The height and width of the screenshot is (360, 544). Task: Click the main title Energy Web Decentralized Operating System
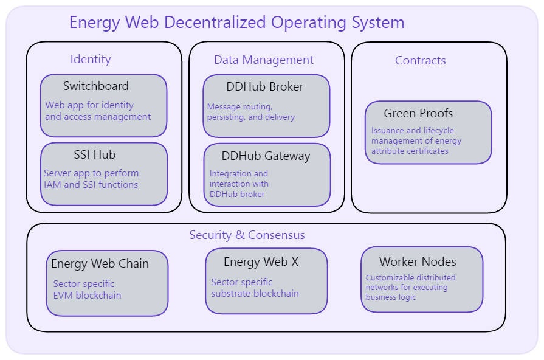coord(236,22)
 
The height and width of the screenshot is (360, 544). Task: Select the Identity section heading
coord(91,59)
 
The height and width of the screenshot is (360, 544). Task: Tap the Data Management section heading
coord(263,60)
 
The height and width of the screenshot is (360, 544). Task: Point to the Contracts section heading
coord(420,60)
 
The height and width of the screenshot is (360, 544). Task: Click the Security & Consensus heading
coord(247,235)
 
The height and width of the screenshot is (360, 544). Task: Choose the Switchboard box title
coord(96,86)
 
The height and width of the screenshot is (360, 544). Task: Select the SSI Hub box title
coord(95,154)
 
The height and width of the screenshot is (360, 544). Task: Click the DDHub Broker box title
coord(264,86)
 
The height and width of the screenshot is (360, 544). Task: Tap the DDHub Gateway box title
coord(266,156)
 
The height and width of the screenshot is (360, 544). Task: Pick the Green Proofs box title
coord(418,113)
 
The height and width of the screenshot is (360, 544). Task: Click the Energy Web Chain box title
coord(100,263)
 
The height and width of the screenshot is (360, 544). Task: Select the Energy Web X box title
coord(261,261)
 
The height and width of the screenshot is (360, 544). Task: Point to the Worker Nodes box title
coord(418,261)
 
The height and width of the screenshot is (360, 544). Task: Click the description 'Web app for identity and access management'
coord(98,111)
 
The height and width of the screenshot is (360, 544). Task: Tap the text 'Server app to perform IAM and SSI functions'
coord(91,179)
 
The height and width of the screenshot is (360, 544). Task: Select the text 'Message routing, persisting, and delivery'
coord(250,111)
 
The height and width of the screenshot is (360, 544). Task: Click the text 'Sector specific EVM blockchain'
coord(87,289)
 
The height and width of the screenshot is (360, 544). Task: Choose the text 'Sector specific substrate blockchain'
coord(255,288)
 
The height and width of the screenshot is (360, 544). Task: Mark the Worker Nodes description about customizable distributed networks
coord(410,287)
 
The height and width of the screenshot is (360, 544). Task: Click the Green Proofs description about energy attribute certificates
coord(416,140)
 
